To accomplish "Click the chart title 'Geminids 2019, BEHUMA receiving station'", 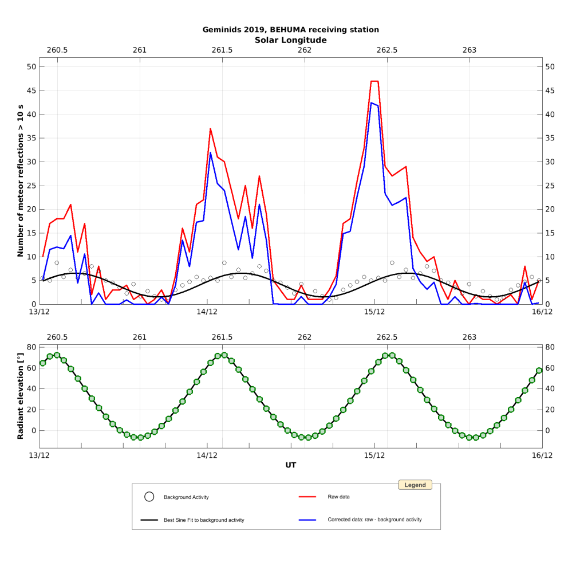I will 290,30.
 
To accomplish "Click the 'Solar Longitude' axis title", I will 290,40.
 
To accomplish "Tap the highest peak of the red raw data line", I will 374,81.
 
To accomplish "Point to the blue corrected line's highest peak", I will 372,103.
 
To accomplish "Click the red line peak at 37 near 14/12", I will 210,128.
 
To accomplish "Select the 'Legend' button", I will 415,485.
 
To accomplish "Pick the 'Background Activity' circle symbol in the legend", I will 149,497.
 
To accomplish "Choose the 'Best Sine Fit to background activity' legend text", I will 204,520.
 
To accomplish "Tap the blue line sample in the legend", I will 308,520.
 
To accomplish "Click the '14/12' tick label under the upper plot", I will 207,312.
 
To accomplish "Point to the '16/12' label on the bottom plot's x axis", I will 542,455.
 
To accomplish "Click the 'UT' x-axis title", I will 290,465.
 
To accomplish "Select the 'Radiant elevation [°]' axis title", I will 20,396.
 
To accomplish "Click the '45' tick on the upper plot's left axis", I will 31,91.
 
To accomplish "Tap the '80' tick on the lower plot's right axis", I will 551,347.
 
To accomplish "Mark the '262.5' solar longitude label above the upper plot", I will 387,50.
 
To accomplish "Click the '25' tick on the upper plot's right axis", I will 550,186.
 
